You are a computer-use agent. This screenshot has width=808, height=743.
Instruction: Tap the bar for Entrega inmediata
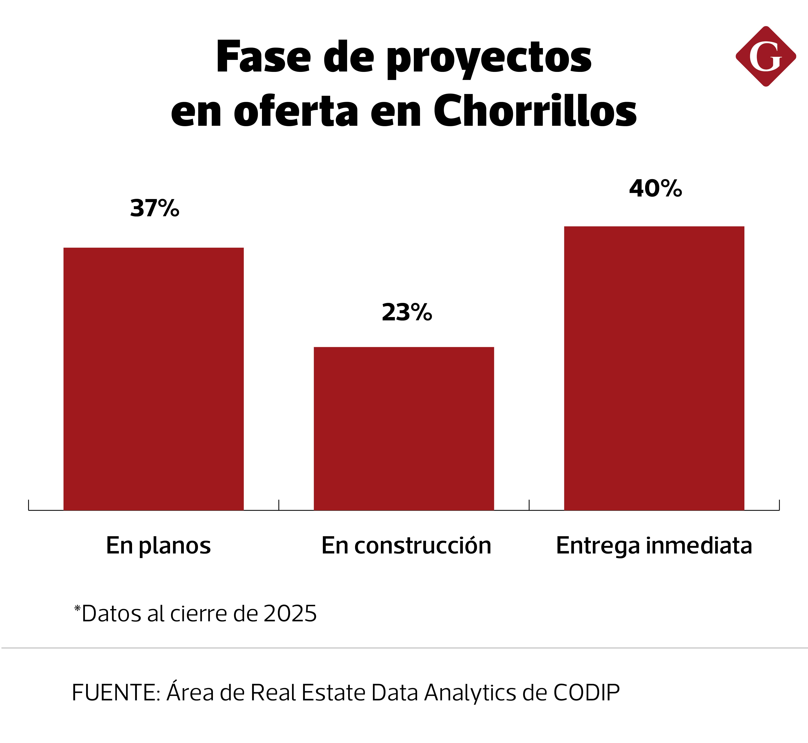coord(654,368)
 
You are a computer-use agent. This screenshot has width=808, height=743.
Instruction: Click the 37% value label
coord(154,208)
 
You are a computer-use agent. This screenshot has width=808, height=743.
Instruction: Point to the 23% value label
coord(407,312)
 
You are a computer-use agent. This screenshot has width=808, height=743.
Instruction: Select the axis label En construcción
coord(406,546)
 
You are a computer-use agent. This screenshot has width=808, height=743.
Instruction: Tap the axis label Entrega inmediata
coord(654,546)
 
